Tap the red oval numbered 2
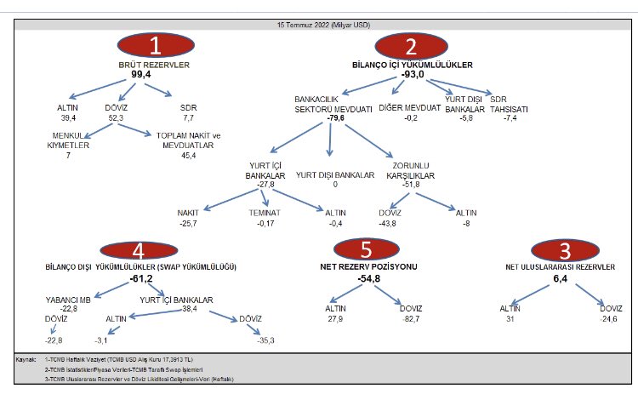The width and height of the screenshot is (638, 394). coord(412,46)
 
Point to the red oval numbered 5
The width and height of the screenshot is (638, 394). coord(367,250)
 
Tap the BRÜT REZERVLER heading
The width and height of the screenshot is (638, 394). coord(154,65)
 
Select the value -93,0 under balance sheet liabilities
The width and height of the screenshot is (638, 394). coord(413,75)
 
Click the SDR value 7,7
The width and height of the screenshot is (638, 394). coord(188,118)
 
